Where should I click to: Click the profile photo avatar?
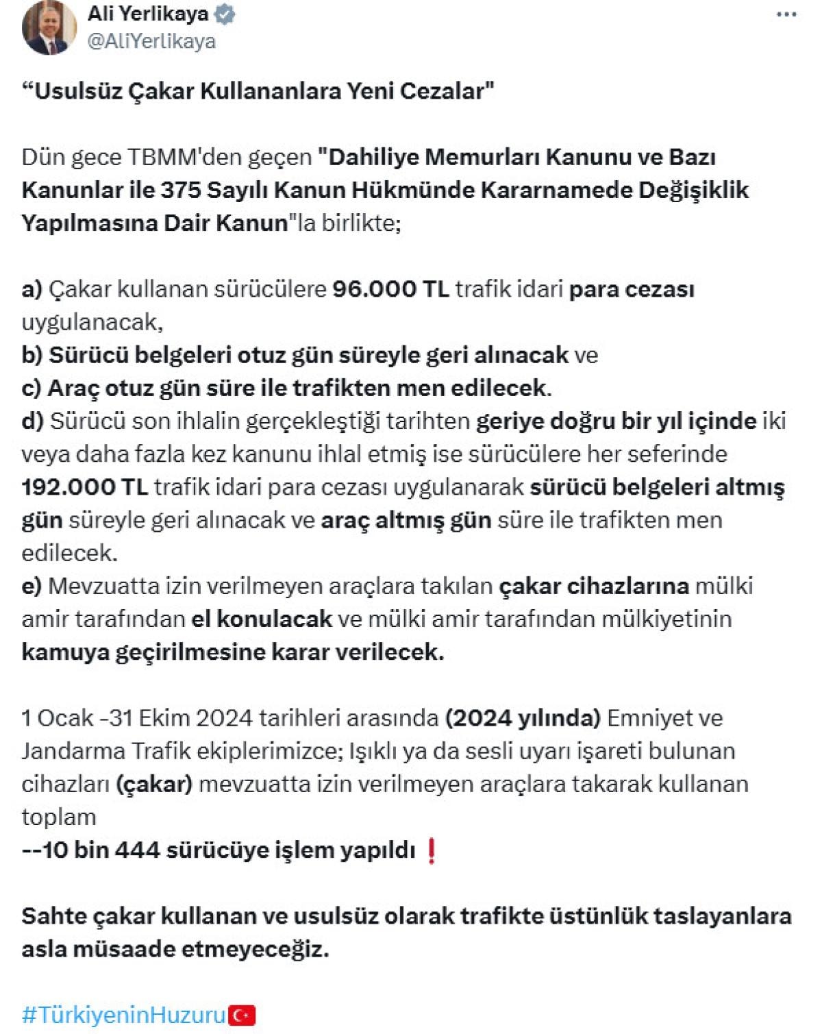pos(49,28)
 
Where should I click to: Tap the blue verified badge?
pos(225,14)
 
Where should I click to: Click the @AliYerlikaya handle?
pos(151,41)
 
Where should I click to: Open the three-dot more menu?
pos(786,15)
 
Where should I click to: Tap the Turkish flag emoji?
pos(241,1015)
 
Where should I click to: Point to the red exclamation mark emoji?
pos(431,850)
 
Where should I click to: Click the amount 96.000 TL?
pos(390,289)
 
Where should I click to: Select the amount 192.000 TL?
pos(84,487)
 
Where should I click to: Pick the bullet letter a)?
pos(32,289)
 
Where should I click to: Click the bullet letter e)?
pos(32,586)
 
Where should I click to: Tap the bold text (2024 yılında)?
pos(523,718)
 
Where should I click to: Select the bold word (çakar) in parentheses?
pos(153,784)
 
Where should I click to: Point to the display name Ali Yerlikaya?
pos(147,14)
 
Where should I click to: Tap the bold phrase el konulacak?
pos(262,619)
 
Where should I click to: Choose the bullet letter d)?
pos(33,421)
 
